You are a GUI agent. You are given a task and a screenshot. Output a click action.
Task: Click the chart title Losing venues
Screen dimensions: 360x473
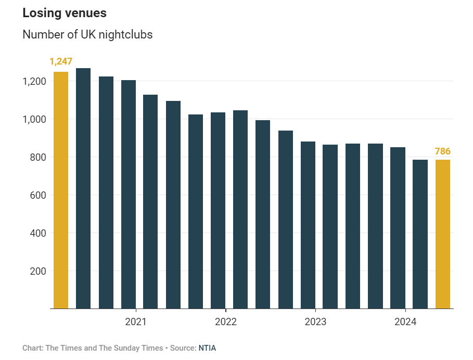coord(65,14)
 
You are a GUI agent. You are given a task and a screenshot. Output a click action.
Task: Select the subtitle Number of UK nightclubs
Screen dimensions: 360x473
coord(87,35)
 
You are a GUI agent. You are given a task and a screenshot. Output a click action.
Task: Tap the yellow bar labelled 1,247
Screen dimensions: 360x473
coord(61,190)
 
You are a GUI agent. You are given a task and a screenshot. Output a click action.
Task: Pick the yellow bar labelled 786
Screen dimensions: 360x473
coord(443,234)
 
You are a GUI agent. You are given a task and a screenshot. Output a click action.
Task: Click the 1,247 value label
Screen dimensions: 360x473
coord(61,62)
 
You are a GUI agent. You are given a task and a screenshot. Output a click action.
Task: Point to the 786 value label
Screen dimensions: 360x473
coord(443,152)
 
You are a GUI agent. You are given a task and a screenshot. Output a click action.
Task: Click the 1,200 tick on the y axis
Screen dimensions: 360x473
coord(35,82)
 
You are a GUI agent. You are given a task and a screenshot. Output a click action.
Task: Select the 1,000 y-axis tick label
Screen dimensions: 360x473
coord(35,120)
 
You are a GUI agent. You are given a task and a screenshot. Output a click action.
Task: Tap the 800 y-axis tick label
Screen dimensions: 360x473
coord(39,158)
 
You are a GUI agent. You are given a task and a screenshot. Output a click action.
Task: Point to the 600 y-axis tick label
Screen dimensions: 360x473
coord(39,196)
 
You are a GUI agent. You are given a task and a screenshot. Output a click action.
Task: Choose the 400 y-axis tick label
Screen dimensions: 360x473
coord(39,234)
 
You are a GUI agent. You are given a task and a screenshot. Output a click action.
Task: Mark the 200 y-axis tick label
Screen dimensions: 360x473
coord(39,272)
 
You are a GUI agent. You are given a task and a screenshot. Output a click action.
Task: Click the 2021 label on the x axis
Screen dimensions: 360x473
coord(136,322)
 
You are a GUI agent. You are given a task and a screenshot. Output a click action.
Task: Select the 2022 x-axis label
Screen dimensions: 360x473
coord(226,322)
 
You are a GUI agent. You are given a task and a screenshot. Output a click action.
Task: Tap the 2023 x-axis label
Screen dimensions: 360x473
coord(315,322)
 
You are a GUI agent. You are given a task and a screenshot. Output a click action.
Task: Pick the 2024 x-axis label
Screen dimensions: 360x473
coord(405,322)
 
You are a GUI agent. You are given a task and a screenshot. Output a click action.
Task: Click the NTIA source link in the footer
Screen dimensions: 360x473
coord(207,348)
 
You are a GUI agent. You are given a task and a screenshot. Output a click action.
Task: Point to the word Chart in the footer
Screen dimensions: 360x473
coord(32,348)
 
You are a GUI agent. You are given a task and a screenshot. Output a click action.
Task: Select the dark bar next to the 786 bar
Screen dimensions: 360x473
coord(420,234)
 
